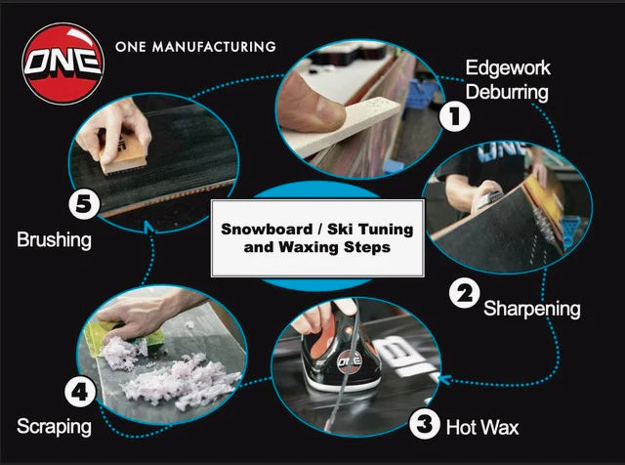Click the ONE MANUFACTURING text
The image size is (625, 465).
click(195, 46)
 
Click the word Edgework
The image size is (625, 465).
click(507, 68)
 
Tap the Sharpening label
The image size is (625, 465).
click(532, 309)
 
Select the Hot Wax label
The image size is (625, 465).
click(482, 427)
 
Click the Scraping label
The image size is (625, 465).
click(54, 426)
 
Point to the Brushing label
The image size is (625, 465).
click(56, 238)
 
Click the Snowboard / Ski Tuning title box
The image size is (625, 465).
click(317, 238)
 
